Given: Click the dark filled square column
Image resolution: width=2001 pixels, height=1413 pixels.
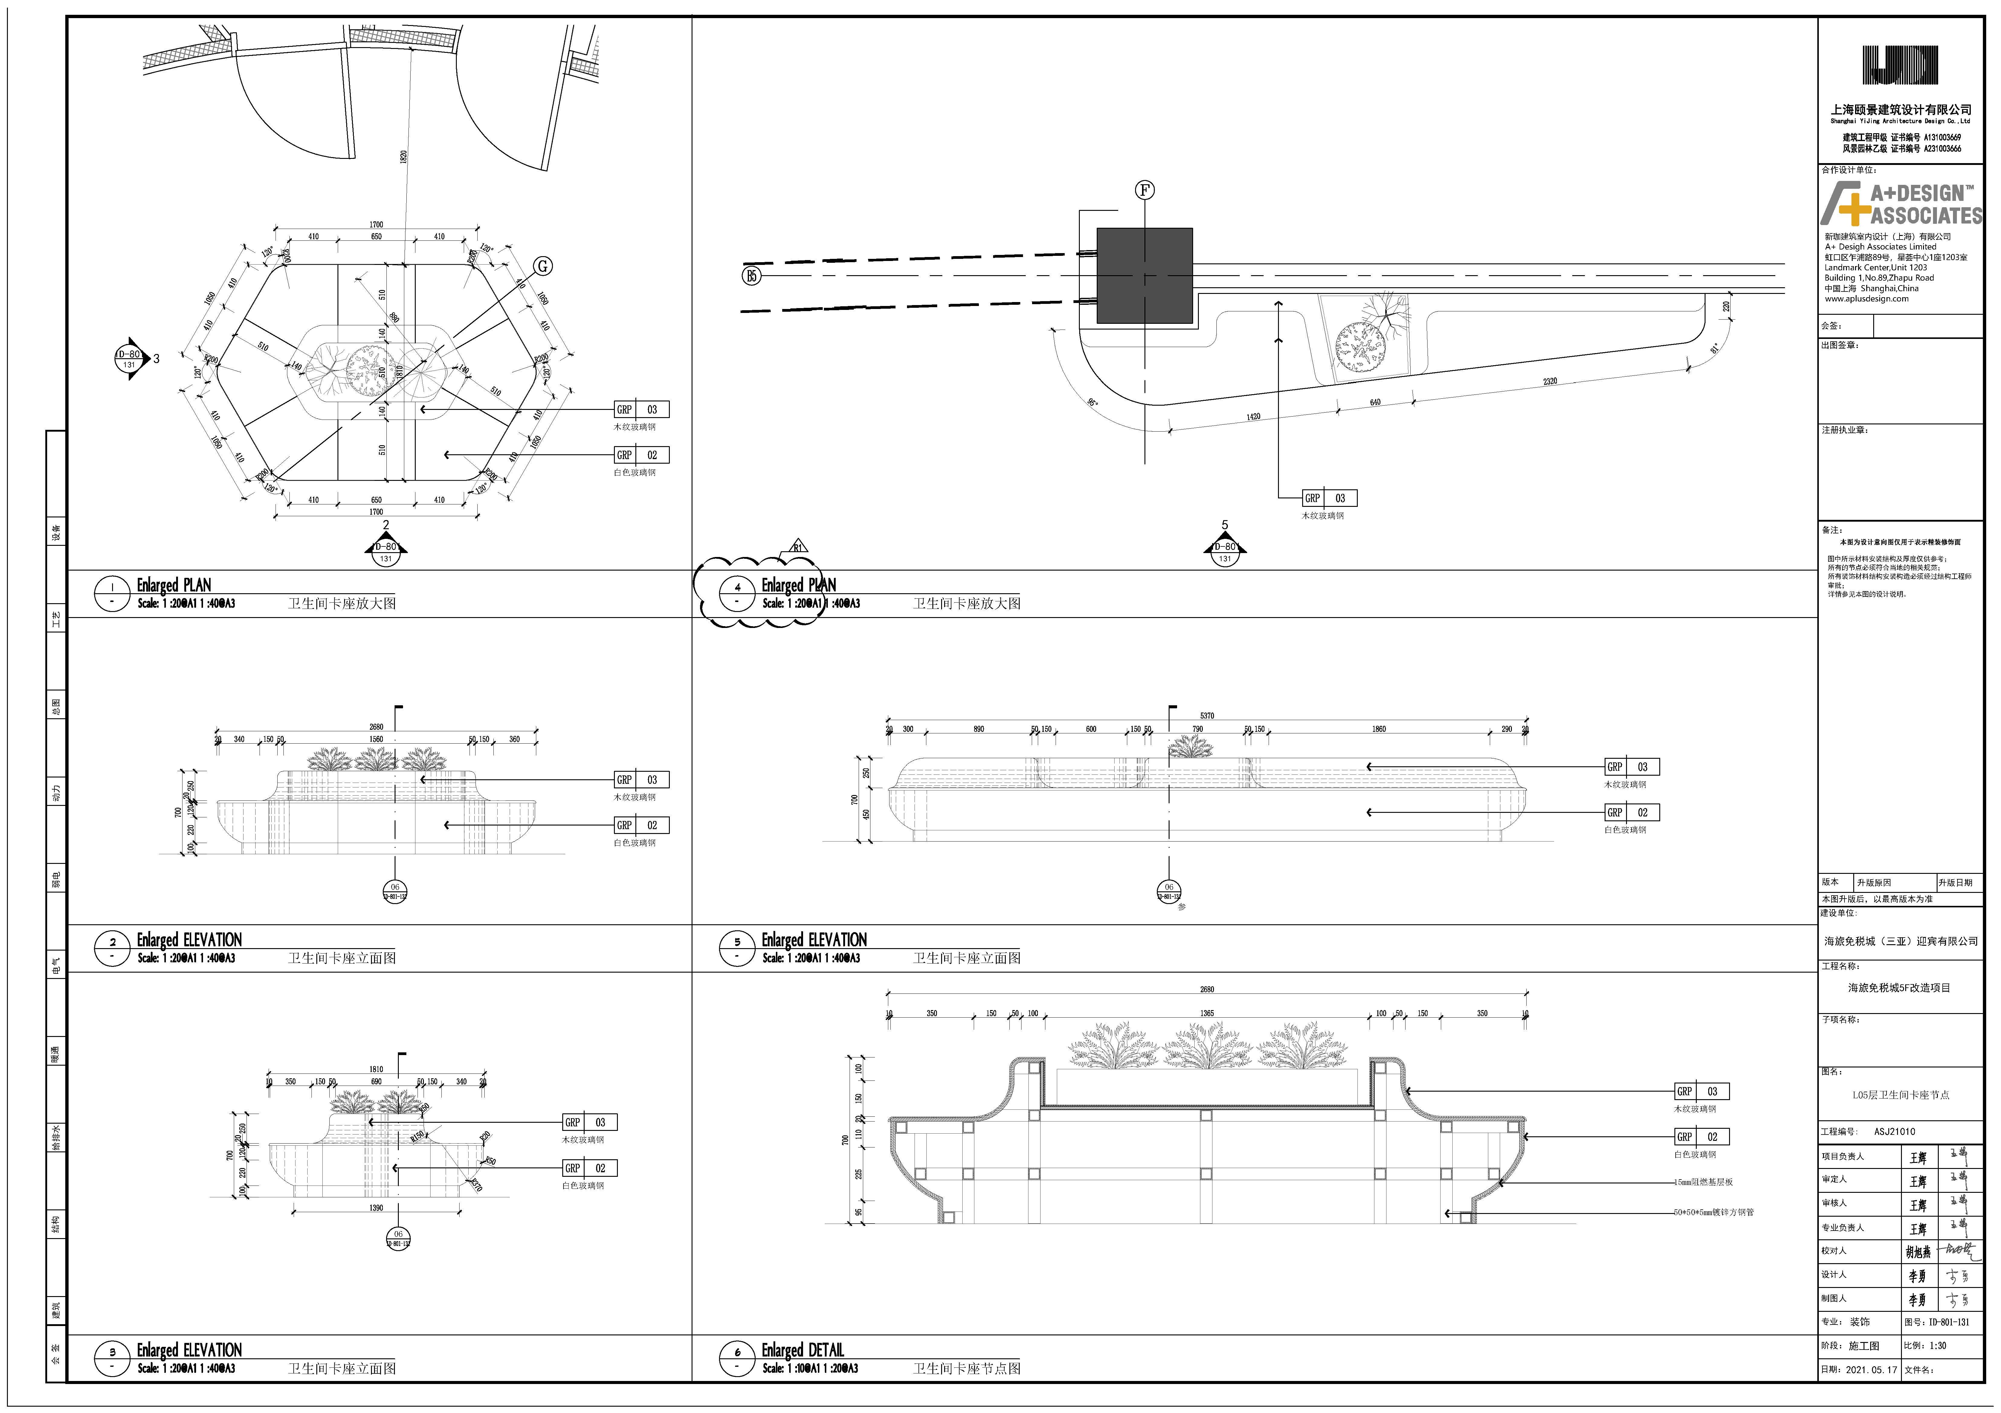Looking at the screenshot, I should pos(1144,275).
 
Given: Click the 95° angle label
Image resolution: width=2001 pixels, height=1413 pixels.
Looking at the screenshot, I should pos(1093,403).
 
